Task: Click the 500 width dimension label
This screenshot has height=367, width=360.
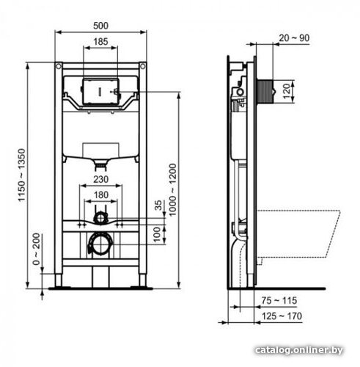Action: coord(100,26)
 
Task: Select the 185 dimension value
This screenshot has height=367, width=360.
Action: coord(100,42)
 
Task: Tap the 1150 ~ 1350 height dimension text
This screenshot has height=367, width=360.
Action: coord(22,175)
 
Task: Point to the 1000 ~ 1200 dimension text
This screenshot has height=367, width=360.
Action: coord(172,190)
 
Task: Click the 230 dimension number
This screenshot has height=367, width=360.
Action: coord(101,179)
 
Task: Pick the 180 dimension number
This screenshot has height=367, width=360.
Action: coord(101,195)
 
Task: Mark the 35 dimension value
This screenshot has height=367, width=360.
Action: coord(158,205)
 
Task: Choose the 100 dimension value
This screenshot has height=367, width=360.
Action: coord(158,234)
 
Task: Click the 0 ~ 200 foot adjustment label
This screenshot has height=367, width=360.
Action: coord(36,250)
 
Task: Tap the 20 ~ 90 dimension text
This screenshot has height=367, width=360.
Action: coord(294,38)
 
